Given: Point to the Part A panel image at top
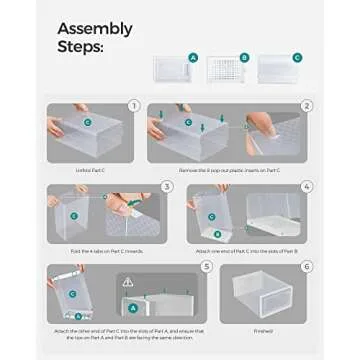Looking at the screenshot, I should [172, 67].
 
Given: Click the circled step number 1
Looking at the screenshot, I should [132, 103].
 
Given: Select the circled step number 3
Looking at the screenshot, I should [164, 186].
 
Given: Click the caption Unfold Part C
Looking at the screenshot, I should [89, 172].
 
